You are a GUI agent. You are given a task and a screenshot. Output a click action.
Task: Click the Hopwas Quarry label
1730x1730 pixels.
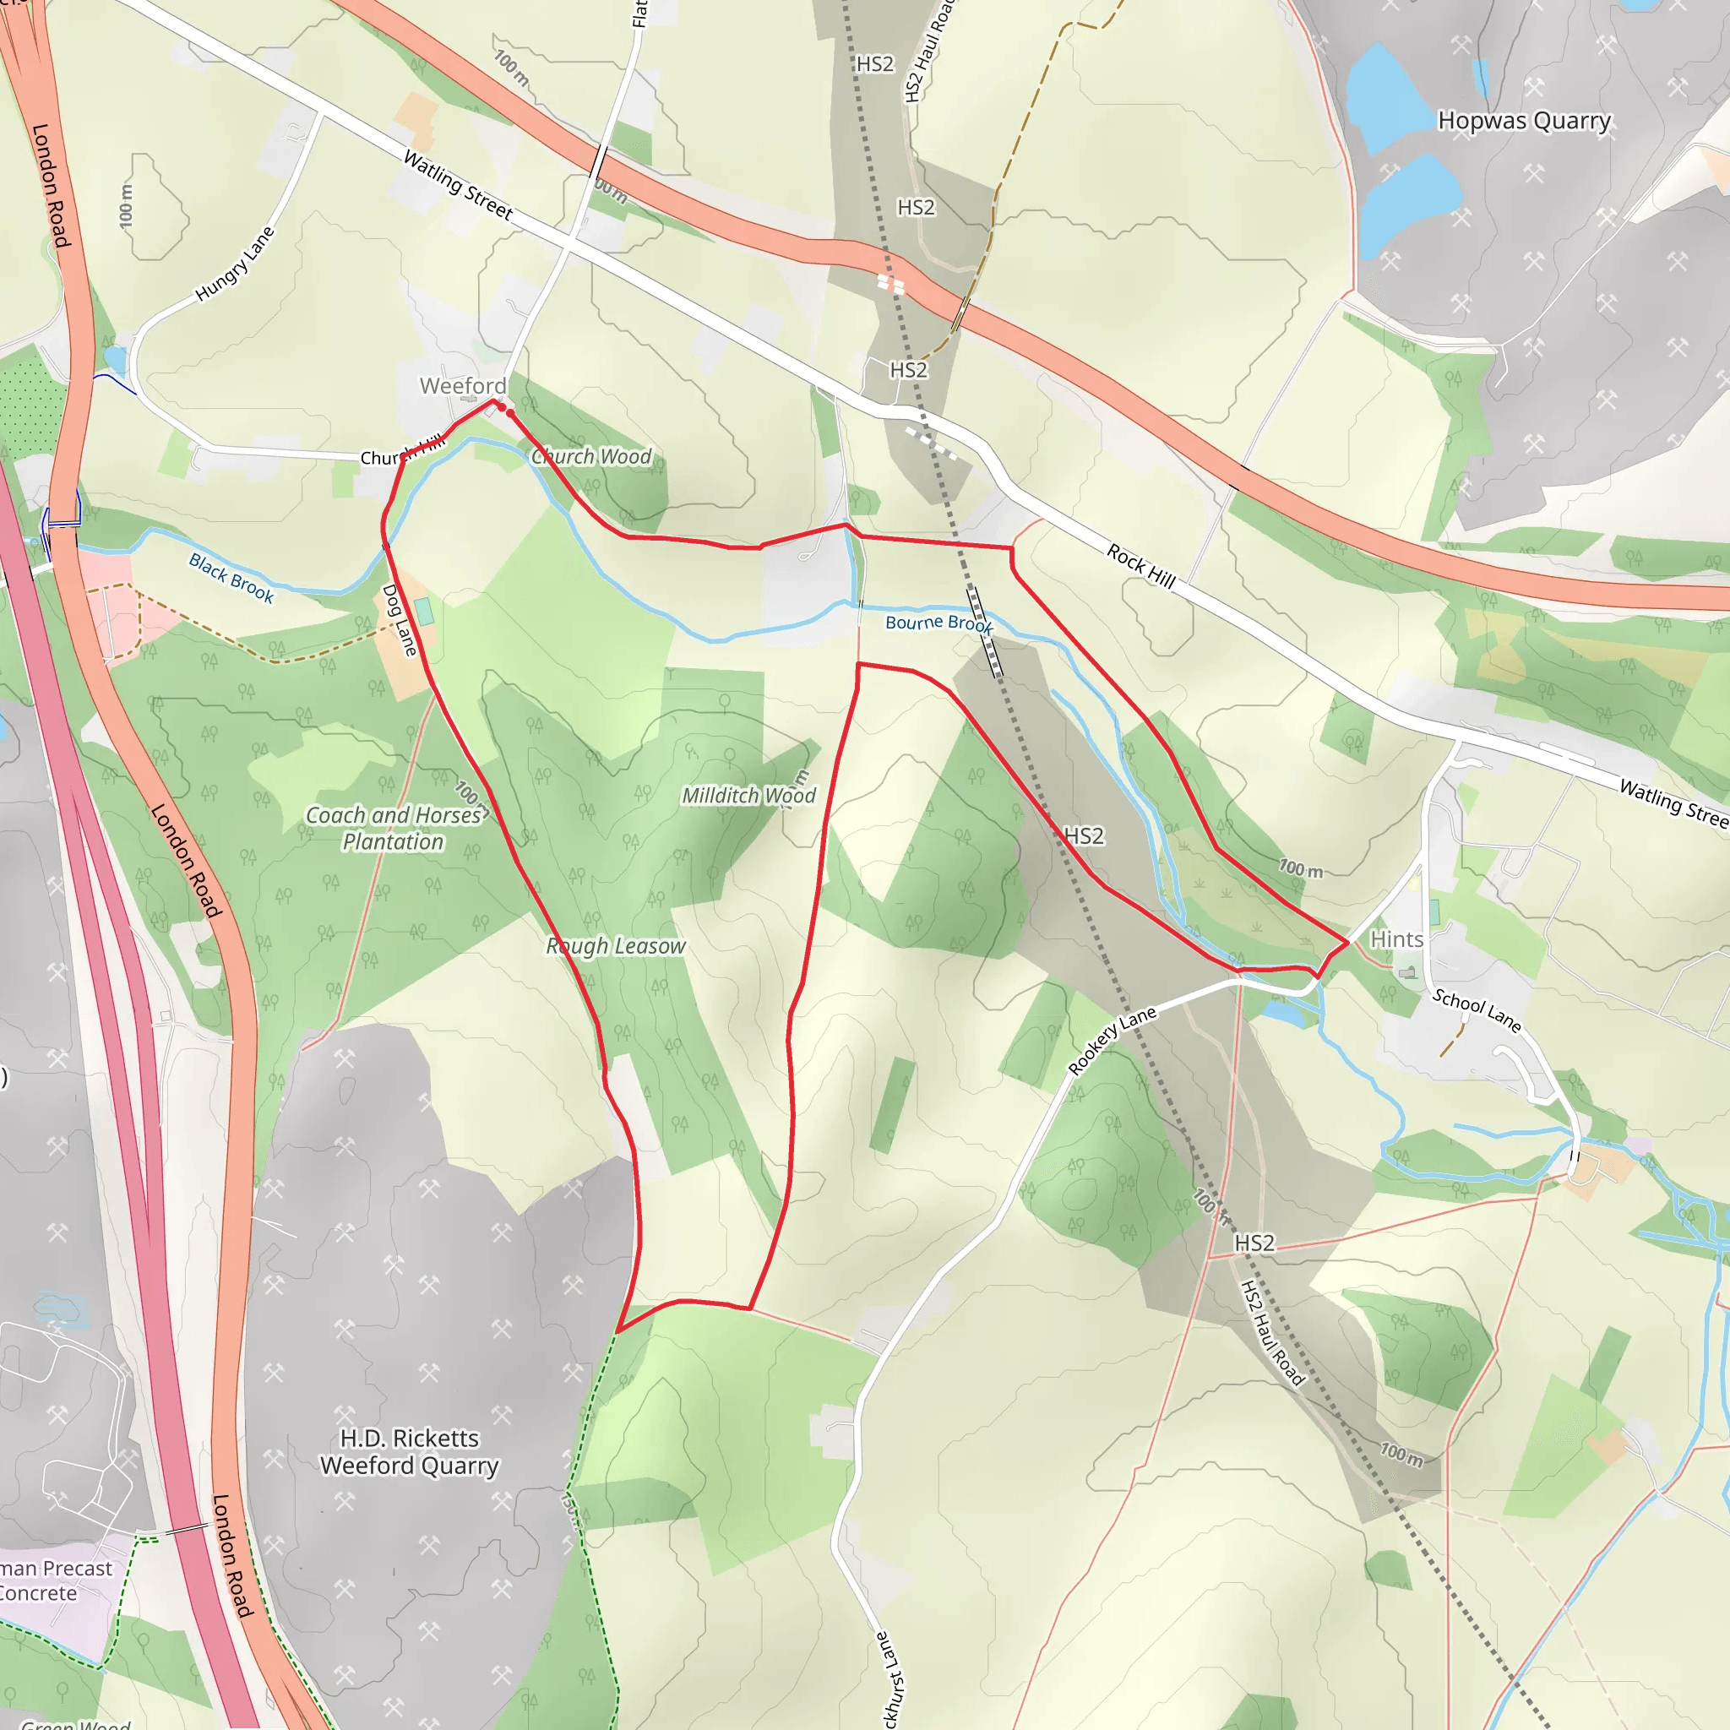pos(1524,120)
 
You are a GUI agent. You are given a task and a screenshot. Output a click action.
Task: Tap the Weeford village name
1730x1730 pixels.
pos(463,386)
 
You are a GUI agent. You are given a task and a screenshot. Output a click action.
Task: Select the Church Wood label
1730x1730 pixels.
pos(591,457)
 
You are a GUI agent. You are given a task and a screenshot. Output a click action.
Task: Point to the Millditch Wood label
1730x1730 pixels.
pos(748,795)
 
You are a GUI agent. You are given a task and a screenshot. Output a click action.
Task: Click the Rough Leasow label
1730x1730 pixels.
pos(616,945)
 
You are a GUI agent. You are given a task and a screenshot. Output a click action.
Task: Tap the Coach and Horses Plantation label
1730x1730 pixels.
pos(394,829)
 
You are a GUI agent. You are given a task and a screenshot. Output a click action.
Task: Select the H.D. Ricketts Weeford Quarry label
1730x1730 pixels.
pos(409,1451)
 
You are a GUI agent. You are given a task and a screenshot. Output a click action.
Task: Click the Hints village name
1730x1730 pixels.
pos(1396,939)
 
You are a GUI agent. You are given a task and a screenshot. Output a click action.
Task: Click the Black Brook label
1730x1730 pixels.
pos(231,578)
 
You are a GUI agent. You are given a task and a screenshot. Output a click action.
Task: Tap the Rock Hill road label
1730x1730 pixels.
pos(1140,565)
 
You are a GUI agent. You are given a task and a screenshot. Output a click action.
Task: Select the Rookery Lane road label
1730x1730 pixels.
pos(1113,1040)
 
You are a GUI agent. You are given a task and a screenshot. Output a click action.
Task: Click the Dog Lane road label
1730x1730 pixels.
pos(400,620)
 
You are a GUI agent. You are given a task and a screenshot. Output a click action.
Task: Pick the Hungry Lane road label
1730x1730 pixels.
pos(235,264)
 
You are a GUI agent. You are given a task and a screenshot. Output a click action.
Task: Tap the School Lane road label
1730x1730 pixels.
pos(1477,1010)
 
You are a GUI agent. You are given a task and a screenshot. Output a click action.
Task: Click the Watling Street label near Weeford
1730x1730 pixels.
pos(459,185)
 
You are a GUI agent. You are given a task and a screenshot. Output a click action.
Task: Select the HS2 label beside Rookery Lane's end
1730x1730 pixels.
pos(1254,1243)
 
